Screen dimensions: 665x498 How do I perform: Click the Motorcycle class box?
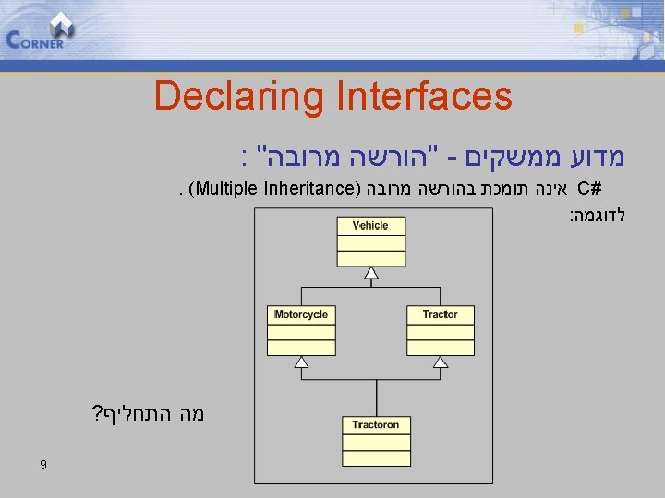[301, 328]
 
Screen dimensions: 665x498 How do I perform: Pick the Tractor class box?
[440, 328]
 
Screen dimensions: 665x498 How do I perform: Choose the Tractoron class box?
[376, 439]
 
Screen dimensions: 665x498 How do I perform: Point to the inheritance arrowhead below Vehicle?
[370, 273]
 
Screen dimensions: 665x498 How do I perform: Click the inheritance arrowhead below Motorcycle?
[301, 362]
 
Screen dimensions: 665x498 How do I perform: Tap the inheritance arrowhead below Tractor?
[440, 362]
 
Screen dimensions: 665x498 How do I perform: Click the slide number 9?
[43, 466]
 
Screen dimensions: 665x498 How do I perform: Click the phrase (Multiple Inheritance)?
[273, 191]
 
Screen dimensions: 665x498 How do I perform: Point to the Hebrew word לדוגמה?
[598, 216]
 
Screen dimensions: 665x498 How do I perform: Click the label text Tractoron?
[376, 425]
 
